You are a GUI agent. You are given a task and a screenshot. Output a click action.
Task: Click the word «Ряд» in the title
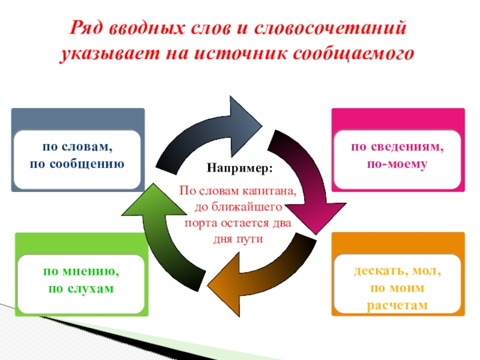point(89,29)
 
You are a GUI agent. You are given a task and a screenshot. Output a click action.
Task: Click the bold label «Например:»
point(240,169)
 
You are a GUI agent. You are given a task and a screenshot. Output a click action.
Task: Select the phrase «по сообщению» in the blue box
point(77,163)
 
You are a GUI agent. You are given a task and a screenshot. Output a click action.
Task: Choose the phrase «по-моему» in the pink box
point(398,163)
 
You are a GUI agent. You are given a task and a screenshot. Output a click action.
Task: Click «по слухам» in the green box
point(80,289)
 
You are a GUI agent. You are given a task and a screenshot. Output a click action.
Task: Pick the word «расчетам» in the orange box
point(397,305)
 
